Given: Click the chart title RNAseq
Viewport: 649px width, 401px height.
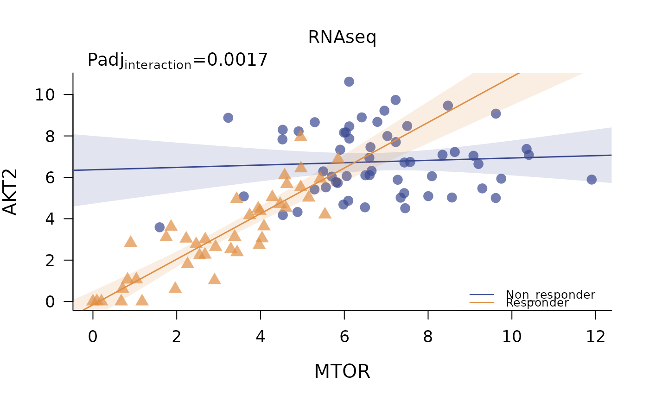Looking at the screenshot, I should pyautogui.click(x=342, y=38).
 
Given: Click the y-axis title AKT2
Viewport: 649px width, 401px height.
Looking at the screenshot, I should pyautogui.click(x=10, y=192).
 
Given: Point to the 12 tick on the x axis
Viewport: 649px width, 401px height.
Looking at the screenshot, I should pyautogui.click(x=596, y=337).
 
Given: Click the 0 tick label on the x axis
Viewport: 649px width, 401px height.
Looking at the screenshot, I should pyautogui.click(x=93, y=337).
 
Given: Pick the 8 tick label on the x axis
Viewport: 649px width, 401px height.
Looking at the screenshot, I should pyautogui.click(x=428, y=337).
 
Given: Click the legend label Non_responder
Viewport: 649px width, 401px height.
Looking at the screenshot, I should pyautogui.click(x=550, y=294).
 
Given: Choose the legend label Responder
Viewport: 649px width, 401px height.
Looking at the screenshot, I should pyautogui.click(x=537, y=303).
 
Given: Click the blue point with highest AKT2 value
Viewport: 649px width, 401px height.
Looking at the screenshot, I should pyautogui.click(x=349, y=81).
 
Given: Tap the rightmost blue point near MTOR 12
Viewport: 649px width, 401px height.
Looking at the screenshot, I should pyautogui.click(x=592, y=179).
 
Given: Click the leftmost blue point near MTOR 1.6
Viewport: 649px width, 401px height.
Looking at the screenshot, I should pyautogui.click(x=159, y=227).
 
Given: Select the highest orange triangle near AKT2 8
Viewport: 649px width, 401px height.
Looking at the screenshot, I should pyautogui.click(x=301, y=135).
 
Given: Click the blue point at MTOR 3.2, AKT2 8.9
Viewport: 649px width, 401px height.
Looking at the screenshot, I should pyautogui.click(x=228, y=118).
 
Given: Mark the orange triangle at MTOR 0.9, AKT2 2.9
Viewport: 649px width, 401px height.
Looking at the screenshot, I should pyautogui.click(x=131, y=241).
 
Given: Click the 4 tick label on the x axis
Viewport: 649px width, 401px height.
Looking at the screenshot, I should pyautogui.click(x=261, y=337).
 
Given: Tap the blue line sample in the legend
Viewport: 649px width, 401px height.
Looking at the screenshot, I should pyautogui.click(x=482, y=294).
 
